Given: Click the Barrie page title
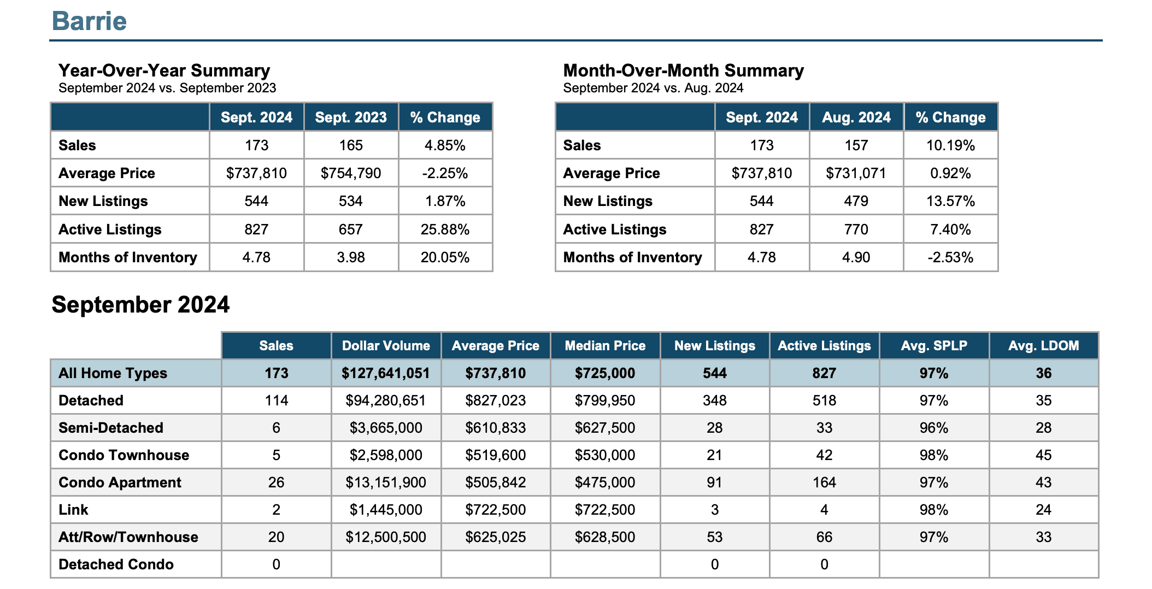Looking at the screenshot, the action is point(89,21).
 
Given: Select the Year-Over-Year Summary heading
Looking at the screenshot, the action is point(164,70).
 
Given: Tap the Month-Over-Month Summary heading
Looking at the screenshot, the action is point(683,70).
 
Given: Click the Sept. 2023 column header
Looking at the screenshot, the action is point(351,117).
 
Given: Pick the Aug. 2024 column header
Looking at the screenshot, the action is point(856,117).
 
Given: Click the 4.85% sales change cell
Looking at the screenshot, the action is point(445,145).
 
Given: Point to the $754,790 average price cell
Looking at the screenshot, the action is point(351,173).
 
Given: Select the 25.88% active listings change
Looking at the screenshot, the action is point(445,229).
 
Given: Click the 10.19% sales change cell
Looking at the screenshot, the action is point(950,145).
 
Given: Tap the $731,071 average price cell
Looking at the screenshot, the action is point(856,173).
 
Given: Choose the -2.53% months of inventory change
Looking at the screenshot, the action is point(950,257).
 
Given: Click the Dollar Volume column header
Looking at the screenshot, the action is point(386,346).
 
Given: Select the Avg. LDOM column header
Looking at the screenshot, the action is point(1044,346).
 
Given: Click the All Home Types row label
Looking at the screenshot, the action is point(113,373).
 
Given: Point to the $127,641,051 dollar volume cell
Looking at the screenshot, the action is point(386,373).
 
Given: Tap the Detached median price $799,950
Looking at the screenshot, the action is point(605,400).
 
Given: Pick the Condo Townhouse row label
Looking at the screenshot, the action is point(124,455).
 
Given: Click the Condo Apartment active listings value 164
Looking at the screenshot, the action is point(824,482).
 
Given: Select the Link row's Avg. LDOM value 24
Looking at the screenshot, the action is point(1044,510).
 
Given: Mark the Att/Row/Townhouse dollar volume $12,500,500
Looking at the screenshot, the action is point(386,537).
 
